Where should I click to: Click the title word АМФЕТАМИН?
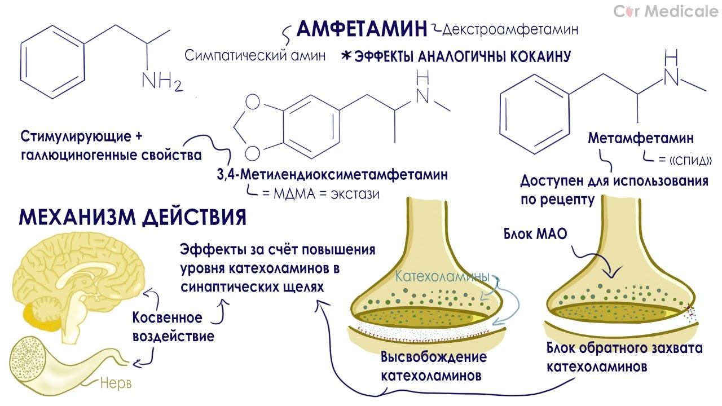click(x=362, y=29)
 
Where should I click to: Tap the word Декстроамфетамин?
click(x=510, y=29)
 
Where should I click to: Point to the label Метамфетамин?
click(x=641, y=138)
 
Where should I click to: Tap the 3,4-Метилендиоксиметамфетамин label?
click(x=332, y=175)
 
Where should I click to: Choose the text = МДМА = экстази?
click(x=320, y=194)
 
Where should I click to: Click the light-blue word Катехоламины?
click(x=442, y=277)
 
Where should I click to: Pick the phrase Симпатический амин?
click(x=255, y=56)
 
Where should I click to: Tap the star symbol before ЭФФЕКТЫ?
click(x=346, y=56)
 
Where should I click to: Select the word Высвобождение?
click(x=433, y=358)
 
